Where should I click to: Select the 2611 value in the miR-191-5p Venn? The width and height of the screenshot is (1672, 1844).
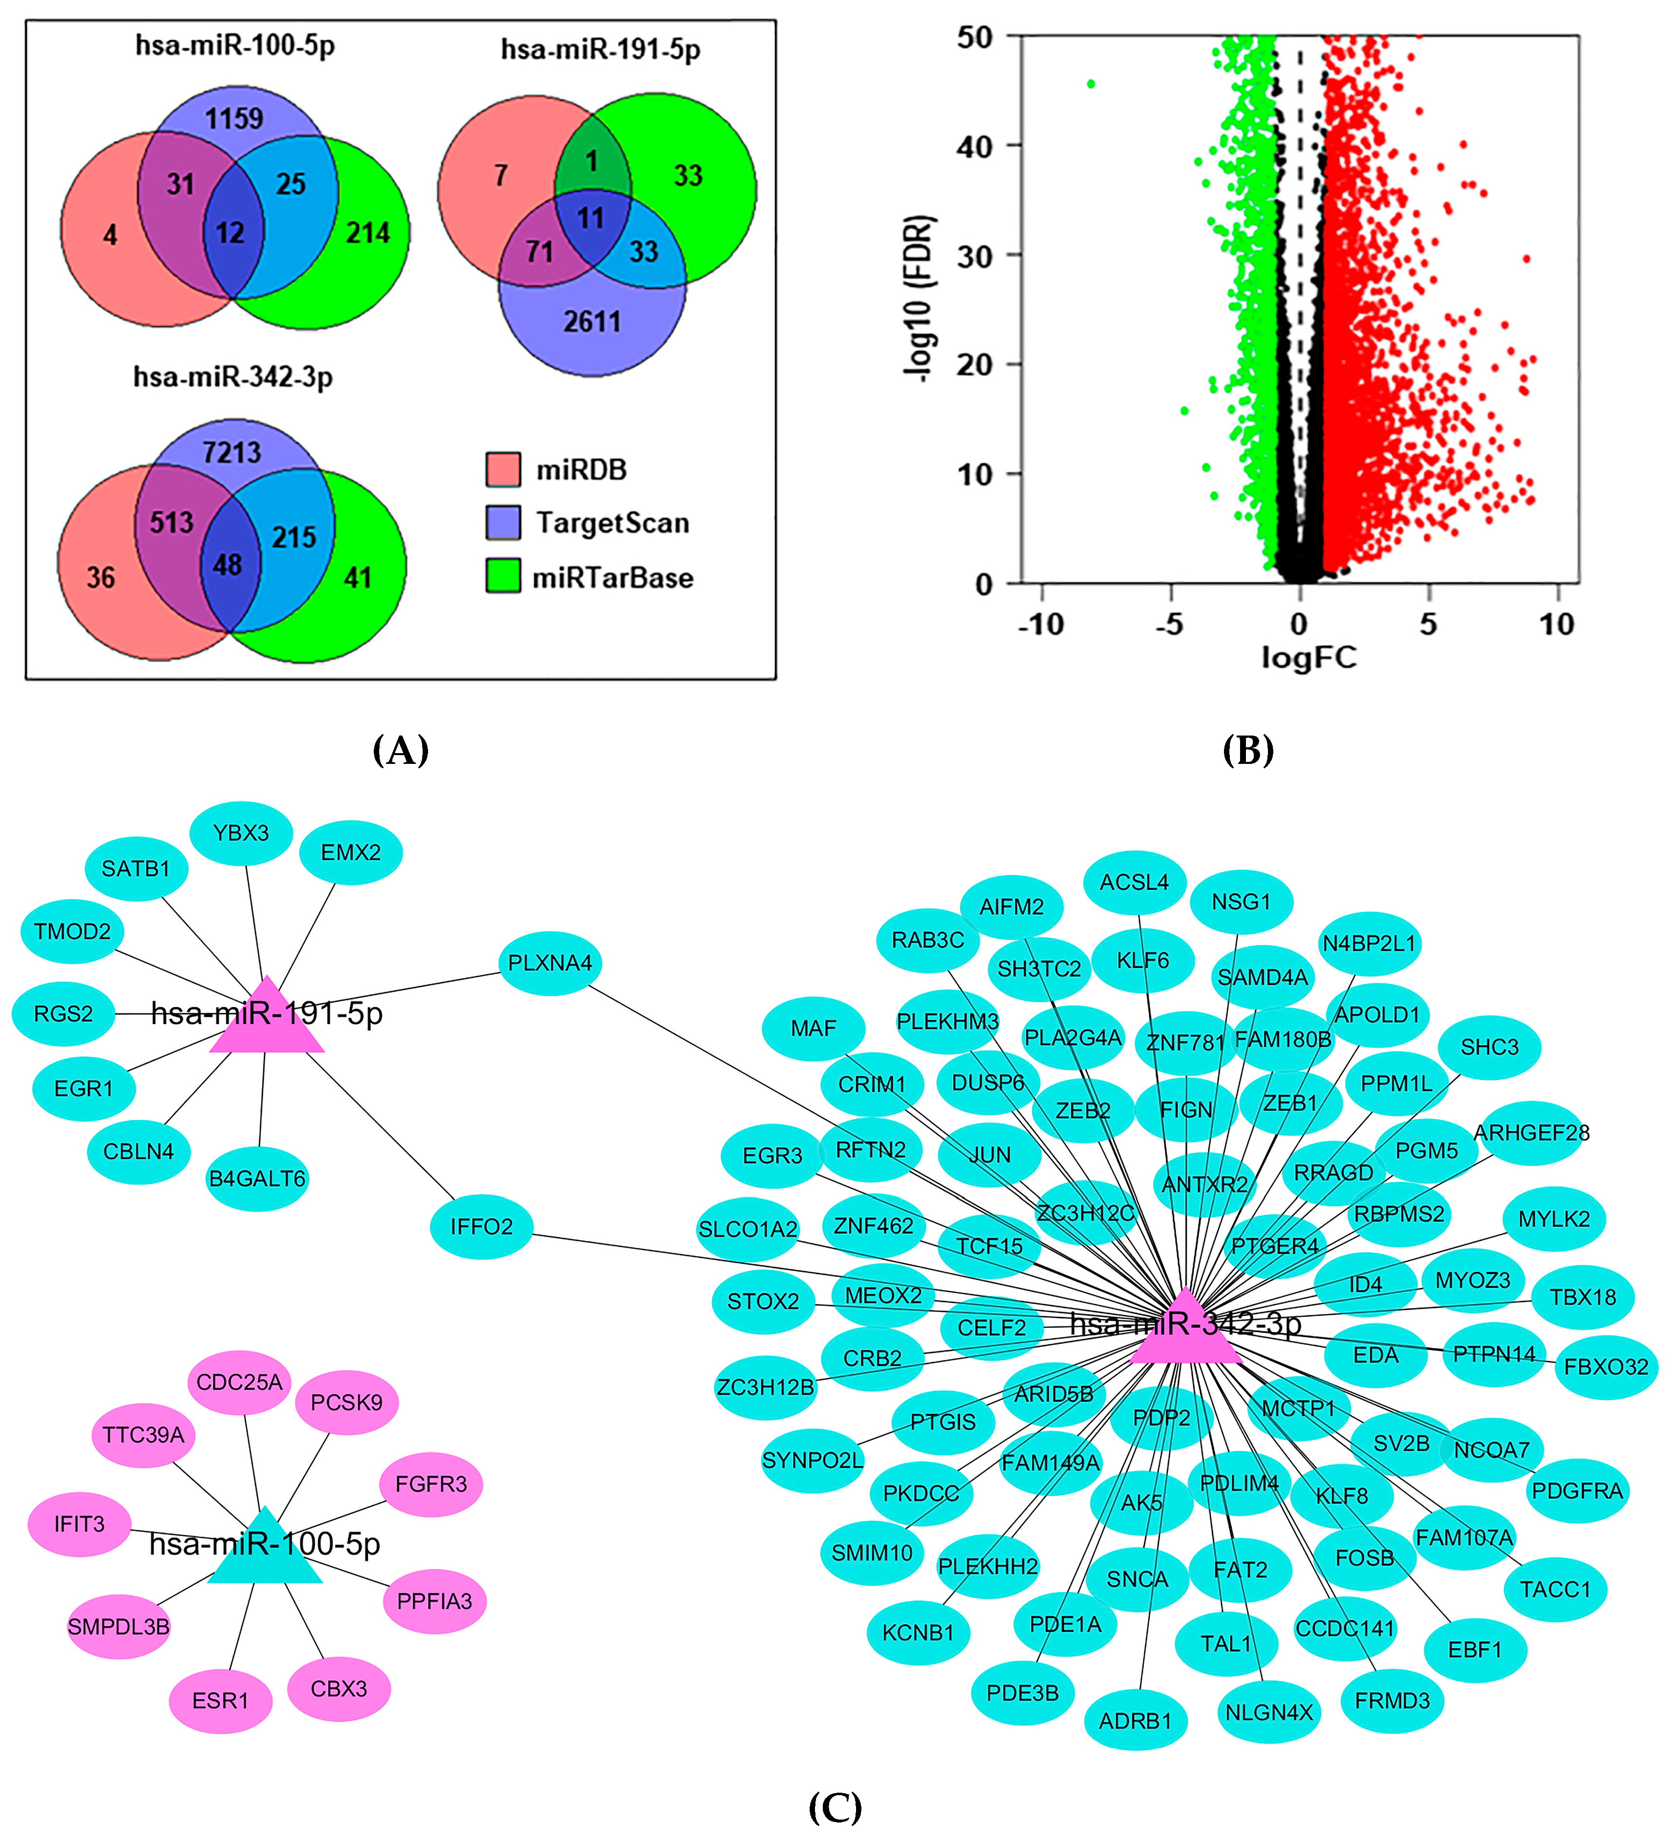coord(592,322)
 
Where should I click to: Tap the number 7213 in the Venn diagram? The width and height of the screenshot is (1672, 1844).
coord(232,453)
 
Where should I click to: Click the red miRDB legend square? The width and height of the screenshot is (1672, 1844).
coord(503,469)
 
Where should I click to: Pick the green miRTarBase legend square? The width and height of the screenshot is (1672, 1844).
coord(503,576)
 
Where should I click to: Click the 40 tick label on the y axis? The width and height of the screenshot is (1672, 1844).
coord(975,146)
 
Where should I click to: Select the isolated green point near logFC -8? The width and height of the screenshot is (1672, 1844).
coord(1090,84)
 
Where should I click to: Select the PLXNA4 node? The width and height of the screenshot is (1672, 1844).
coord(550,963)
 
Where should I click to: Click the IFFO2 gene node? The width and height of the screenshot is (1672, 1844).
coord(481,1227)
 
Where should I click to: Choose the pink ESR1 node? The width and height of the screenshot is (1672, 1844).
coord(220,1700)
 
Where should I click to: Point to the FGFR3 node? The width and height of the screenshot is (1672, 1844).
coord(431,1484)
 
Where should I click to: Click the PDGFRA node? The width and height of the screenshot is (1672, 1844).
coord(1577,1490)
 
